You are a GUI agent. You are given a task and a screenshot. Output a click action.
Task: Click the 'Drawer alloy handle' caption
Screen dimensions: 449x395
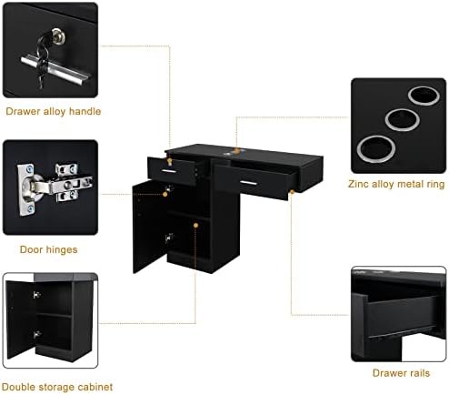54,112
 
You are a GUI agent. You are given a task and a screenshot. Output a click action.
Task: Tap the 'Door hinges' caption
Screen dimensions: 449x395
48,249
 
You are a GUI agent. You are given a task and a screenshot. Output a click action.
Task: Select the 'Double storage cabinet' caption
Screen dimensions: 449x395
57,387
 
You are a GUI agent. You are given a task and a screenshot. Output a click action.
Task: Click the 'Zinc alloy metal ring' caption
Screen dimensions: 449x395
396,184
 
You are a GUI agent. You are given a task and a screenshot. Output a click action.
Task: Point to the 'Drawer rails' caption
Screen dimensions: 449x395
401,373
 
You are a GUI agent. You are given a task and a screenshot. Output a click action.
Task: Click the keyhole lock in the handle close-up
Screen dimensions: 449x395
58,35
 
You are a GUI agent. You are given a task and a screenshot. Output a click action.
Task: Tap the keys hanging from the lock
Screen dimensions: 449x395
43,62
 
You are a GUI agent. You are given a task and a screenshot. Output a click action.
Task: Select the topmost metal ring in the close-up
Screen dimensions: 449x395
424,96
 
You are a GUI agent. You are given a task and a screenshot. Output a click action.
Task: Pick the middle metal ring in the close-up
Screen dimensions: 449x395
403,119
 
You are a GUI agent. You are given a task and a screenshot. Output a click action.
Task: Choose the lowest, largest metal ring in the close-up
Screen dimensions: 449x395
375,149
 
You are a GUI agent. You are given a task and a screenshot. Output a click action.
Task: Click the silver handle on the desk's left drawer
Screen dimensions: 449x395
168,171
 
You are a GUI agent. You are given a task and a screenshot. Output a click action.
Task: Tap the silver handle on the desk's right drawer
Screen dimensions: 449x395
249,183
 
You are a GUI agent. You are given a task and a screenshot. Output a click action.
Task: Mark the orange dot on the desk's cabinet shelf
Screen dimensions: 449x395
195,226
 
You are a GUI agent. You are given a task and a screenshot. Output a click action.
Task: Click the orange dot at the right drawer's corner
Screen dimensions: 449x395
292,192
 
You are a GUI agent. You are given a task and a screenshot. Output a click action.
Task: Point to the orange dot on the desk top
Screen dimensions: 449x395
237,150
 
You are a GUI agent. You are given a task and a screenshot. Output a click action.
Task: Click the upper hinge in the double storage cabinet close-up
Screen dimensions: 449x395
37,295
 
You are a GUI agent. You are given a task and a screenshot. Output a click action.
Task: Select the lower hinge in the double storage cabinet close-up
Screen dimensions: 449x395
37,335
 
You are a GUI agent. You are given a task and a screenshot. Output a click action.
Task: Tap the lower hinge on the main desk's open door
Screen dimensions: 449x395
169,238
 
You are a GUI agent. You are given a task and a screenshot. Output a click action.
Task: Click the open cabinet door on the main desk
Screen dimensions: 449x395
150,227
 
